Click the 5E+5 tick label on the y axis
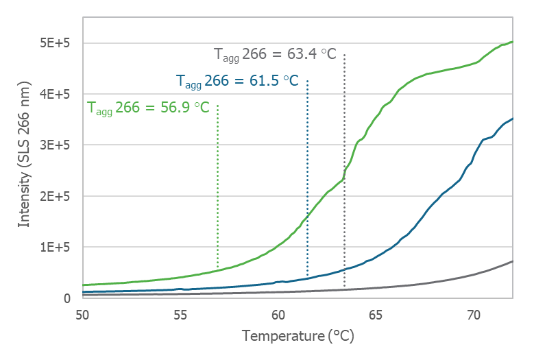click(56, 43)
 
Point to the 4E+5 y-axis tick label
click(56, 94)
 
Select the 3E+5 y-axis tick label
click(56, 145)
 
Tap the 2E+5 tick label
click(56, 196)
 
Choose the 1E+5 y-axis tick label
click(56, 247)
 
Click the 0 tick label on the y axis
click(67, 298)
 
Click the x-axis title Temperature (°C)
click(298, 337)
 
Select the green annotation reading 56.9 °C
click(148, 108)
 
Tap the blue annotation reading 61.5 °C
click(237, 82)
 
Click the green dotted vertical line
click(217, 185)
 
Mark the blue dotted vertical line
click(307, 171)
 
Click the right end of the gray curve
click(511, 261)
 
